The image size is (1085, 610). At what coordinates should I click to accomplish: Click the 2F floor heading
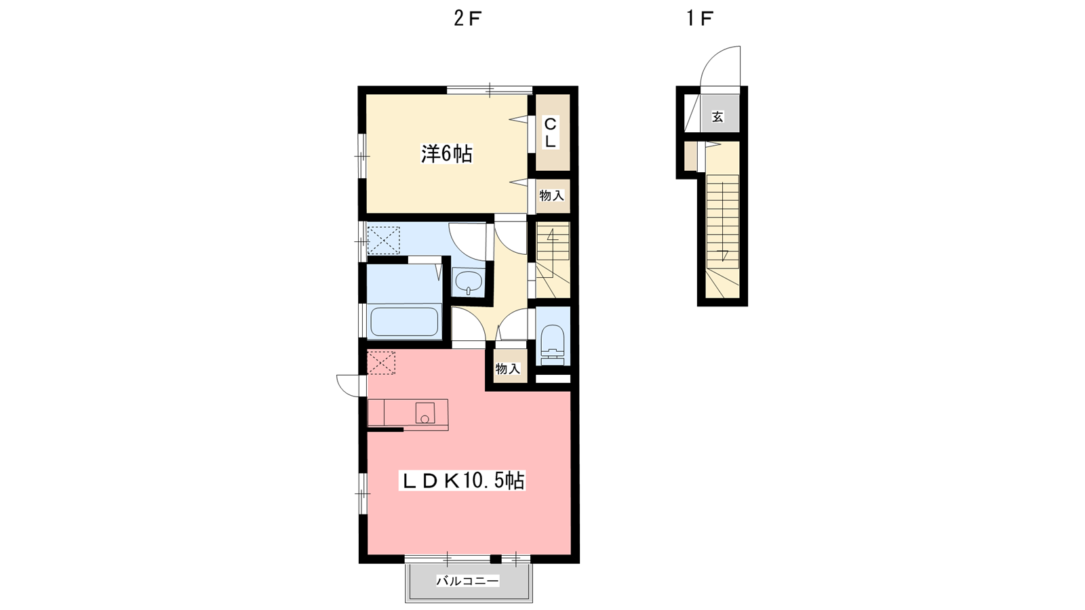(467, 18)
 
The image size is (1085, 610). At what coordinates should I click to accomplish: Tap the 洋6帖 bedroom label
(446, 154)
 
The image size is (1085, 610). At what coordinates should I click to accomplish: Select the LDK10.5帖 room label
(462, 481)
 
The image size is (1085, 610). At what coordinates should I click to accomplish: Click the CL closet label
(550, 133)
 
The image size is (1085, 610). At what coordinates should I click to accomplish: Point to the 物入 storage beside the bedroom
(552, 196)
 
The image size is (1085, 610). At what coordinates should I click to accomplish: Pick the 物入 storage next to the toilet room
(508, 369)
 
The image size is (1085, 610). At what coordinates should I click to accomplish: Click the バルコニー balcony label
(467, 580)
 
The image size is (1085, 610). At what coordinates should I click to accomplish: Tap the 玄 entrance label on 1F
(717, 117)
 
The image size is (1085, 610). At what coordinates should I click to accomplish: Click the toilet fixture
(553, 344)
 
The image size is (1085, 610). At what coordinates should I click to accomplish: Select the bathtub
(404, 321)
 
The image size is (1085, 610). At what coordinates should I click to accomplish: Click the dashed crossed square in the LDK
(381, 362)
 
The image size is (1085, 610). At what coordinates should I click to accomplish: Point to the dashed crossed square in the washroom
(384, 240)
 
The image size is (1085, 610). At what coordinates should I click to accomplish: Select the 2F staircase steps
(553, 260)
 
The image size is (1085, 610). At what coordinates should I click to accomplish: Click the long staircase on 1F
(723, 237)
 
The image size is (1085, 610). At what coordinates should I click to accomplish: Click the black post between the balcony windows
(495, 558)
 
